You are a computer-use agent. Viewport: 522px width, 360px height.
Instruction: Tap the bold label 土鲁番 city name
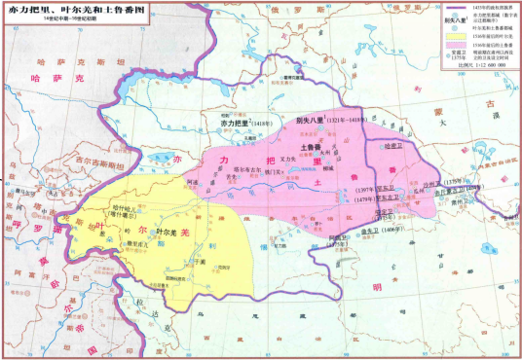313,146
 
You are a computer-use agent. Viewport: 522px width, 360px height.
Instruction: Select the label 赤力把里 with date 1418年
234,125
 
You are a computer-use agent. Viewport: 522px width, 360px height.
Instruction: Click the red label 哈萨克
56,73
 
